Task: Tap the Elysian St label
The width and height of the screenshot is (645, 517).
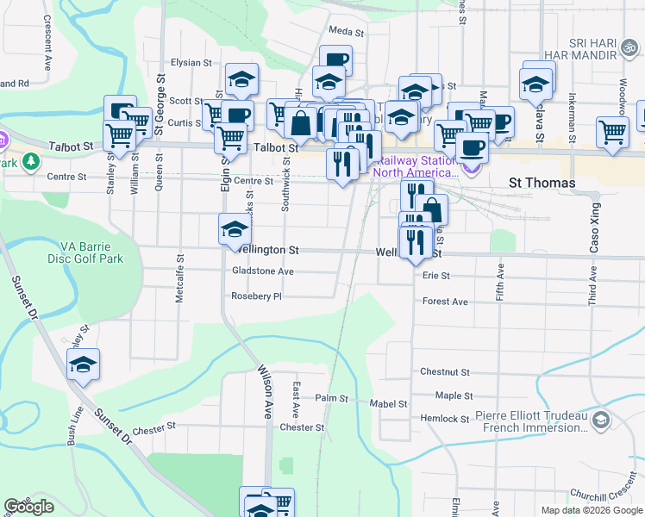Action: tap(191, 63)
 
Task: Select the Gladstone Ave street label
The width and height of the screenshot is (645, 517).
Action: tap(263, 271)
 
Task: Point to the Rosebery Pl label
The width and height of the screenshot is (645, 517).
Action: tap(256, 296)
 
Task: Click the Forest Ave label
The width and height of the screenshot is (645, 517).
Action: tap(445, 302)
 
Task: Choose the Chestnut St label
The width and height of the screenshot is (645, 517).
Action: tap(444, 372)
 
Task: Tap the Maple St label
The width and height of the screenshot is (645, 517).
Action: tap(454, 396)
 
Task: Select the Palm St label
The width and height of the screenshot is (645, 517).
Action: tap(331, 399)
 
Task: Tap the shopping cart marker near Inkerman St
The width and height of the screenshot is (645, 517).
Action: tap(612, 134)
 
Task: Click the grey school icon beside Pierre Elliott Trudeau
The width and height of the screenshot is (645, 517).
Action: tap(601, 421)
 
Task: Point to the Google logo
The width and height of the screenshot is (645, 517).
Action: tap(29, 507)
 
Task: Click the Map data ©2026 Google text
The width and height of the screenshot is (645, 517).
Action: tap(592, 510)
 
